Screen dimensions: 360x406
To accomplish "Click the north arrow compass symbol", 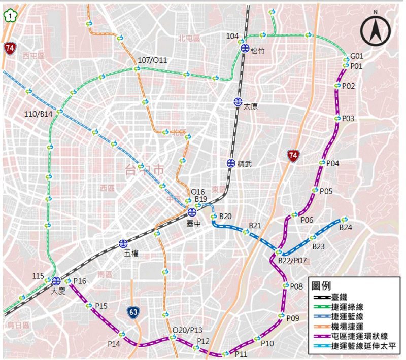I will click(376, 30).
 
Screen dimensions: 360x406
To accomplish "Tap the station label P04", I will click(333, 163).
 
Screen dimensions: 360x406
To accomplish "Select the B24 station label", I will click(346, 228).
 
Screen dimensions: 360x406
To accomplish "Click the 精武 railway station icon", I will click(231, 163).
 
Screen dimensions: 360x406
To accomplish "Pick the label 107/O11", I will click(152, 60).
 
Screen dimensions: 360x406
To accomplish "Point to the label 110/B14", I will click(39, 115).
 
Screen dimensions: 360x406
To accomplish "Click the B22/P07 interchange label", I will click(293, 261).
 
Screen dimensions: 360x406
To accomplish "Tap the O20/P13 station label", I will click(187, 330).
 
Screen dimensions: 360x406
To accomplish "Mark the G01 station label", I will click(357, 56).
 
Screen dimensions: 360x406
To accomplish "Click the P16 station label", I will click(80, 281).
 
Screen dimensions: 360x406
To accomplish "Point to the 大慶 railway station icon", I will click(56, 281).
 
